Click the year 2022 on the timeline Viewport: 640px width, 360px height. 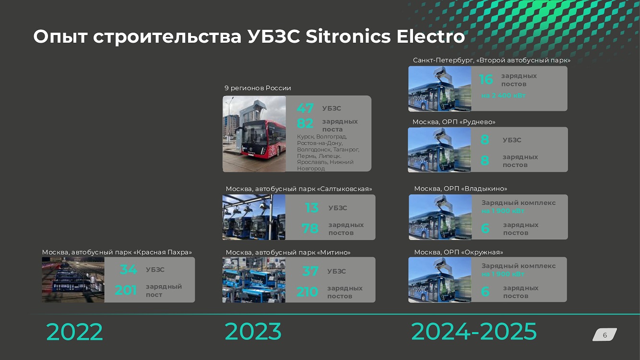74,332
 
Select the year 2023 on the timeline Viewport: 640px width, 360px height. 253,332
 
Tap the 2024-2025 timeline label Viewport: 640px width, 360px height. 474,332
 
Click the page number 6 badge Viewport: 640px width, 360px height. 604,335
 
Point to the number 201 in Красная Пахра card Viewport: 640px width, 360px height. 126,290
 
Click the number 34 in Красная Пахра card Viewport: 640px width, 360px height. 128,269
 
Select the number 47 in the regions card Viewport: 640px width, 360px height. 305,108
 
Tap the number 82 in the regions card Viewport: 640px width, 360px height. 305,123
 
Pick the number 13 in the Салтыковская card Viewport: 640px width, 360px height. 311,207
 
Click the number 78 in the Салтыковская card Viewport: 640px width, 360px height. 310,228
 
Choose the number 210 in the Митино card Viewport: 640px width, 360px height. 307,292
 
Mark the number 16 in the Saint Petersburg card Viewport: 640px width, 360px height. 486,80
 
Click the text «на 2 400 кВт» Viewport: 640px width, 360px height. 503,96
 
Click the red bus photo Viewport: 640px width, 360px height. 254,134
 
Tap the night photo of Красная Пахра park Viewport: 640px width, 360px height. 73,280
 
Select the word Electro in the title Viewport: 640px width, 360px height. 430,36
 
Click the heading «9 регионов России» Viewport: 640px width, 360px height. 258,88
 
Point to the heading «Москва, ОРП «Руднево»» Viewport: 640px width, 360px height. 454,122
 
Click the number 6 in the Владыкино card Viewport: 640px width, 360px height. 485,228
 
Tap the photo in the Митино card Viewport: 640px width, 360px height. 254,280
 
